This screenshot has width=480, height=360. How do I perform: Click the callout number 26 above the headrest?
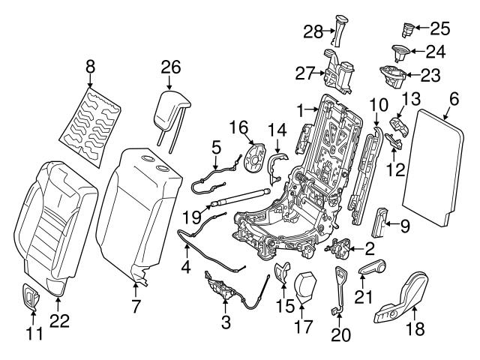tap(171, 67)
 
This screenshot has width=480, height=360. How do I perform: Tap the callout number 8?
tap(90, 66)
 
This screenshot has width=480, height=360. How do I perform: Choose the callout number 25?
tap(440, 29)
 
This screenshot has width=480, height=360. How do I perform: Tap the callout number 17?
tap(303, 327)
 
